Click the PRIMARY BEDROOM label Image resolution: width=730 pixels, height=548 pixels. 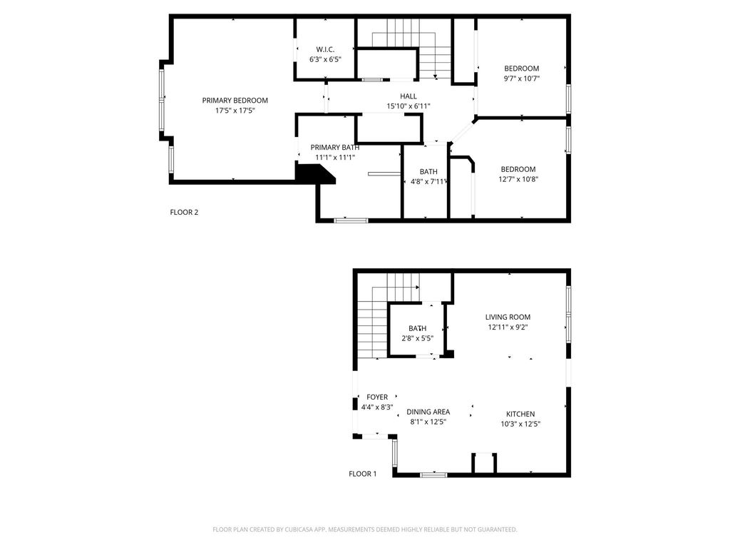[235, 101]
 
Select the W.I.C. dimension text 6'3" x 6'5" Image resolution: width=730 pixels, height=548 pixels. [325, 59]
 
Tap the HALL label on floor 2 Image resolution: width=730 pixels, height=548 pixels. [408, 96]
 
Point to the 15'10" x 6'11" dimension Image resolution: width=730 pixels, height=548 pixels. [408, 106]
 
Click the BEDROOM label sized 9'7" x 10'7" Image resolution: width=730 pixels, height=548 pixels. [521, 68]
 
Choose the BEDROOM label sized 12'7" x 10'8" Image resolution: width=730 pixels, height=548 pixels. [518, 169]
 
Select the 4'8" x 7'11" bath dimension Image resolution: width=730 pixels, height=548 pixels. [428, 182]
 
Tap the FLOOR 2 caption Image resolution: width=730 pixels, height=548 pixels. [184, 211]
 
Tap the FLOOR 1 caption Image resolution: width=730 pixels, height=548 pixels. [362, 474]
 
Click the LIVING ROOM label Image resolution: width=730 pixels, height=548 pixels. [508, 318]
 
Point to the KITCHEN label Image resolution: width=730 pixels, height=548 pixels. [520, 414]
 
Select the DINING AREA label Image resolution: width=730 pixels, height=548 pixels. [428, 412]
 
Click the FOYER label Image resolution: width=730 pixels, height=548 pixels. [377, 397]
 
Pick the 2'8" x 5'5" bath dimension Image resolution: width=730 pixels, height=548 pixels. [417, 338]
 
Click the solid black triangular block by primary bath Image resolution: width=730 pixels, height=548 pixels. [312, 174]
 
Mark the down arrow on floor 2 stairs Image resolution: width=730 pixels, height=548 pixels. [434, 75]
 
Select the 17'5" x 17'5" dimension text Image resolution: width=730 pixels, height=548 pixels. [235, 111]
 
